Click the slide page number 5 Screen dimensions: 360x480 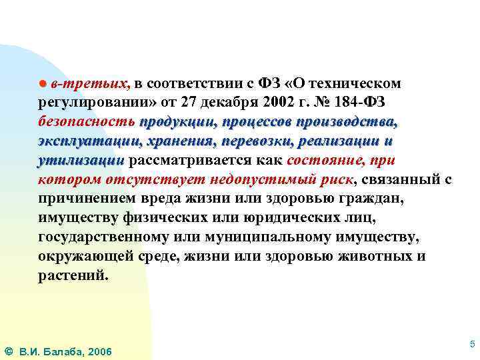[x=472, y=344]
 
